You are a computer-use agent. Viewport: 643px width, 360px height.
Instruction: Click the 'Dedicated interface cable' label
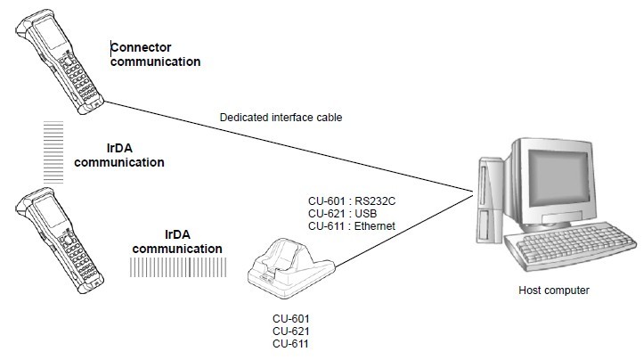point(281,117)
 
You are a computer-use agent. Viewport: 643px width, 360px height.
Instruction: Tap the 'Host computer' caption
point(554,290)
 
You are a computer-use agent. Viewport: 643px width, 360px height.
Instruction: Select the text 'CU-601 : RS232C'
point(349,201)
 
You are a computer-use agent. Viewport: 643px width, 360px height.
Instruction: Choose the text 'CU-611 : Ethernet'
point(351,226)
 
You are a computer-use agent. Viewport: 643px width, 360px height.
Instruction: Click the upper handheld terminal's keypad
point(81,85)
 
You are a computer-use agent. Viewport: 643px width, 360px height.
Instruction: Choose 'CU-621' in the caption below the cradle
point(290,331)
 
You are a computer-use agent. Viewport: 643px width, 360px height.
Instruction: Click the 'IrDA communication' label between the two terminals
point(119,155)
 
